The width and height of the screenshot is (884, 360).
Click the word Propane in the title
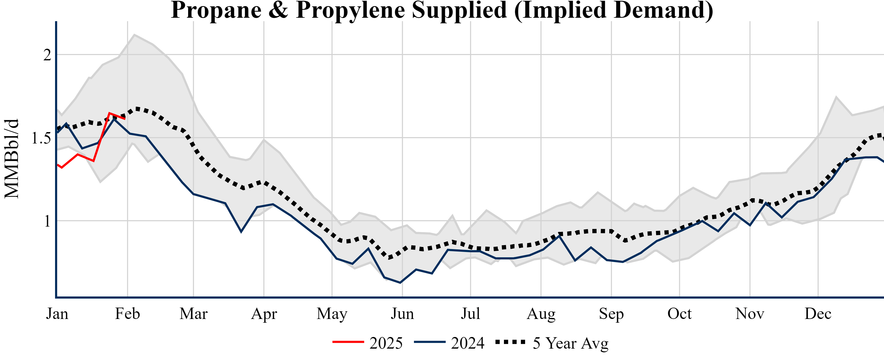coord(216,10)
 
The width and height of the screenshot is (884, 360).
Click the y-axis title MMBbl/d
coord(12,159)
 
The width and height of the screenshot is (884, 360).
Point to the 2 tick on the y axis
coord(47,55)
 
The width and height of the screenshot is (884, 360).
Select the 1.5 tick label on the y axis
coord(41,138)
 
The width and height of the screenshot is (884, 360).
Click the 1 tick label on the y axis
coord(47,221)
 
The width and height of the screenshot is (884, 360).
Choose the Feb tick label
coord(127,314)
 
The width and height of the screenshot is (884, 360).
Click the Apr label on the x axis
coord(264,314)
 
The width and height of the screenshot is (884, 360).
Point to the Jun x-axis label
coord(402,314)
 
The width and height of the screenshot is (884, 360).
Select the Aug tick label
coord(541,314)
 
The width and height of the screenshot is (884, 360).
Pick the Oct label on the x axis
coord(679,314)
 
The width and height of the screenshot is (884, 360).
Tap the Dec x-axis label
coord(818,314)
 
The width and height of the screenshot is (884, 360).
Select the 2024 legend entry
coord(450,343)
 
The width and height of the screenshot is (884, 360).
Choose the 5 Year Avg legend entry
coord(553,343)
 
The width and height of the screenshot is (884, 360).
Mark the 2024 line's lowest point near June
coord(400,283)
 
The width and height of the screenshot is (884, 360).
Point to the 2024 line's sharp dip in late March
coord(241,232)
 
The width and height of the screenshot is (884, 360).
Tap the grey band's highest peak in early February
coord(134,34)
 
